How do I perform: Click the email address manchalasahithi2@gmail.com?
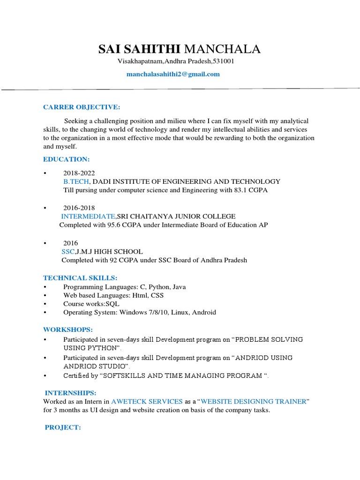(x=173, y=74)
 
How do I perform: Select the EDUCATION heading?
(x=66, y=159)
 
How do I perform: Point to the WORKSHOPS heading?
(x=68, y=330)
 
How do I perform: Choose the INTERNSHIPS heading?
(x=70, y=392)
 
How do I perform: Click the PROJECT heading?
(x=63, y=427)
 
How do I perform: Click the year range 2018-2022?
(x=79, y=173)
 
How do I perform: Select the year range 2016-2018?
(x=79, y=208)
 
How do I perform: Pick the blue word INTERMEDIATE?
(x=88, y=216)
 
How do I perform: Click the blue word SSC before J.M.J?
(x=68, y=252)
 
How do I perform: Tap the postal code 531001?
(x=224, y=61)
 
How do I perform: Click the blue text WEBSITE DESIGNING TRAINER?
(x=254, y=401)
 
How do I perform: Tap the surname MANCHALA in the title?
(x=223, y=49)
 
